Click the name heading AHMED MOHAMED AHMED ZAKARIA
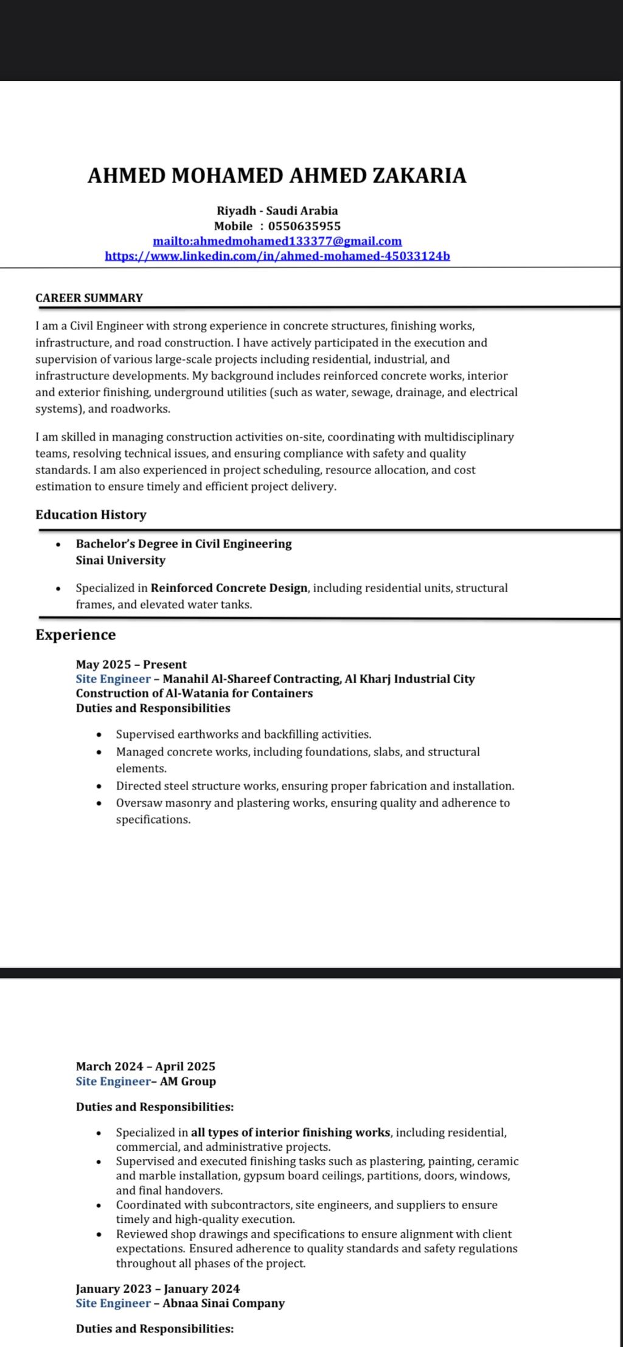tap(277, 176)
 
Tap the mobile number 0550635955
tap(304, 226)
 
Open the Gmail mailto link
tap(277, 241)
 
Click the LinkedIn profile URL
tap(277, 256)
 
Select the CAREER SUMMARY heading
tap(89, 298)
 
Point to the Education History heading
tap(91, 515)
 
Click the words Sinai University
tap(120, 560)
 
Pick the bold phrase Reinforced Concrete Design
tap(229, 588)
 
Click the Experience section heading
tap(75, 635)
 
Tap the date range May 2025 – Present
tap(131, 664)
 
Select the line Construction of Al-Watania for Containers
tap(194, 693)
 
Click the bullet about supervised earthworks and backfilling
tap(243, 734)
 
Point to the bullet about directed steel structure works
tap(315, 786)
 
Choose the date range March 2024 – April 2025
tap(145, 1066)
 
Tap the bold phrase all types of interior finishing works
tap(290, 1132)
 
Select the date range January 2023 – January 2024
tap(158, 1289)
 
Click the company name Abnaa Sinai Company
tap(223, 1303)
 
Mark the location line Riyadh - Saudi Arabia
tap(277, 211)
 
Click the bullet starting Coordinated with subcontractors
tap(307, 1205)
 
